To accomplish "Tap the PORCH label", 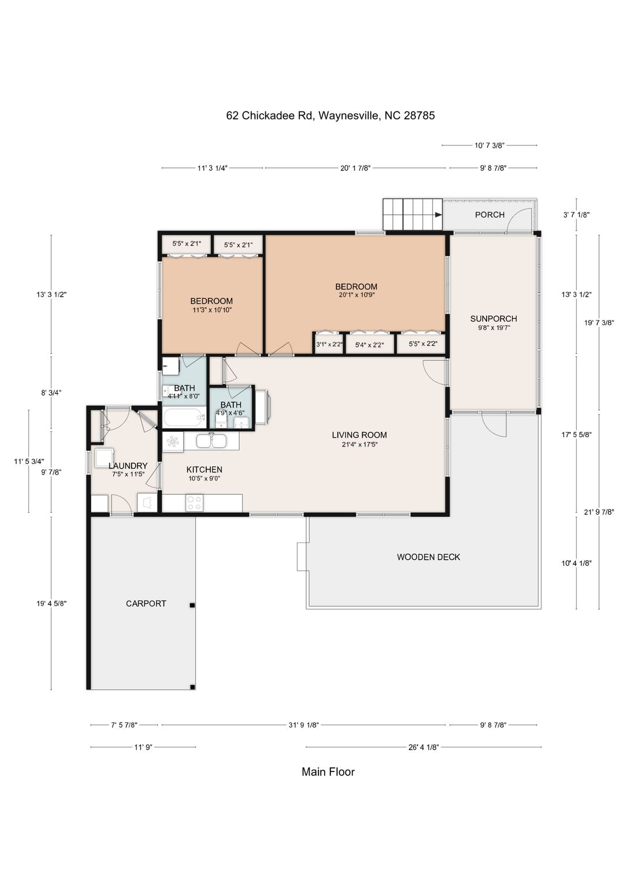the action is pos(490,215).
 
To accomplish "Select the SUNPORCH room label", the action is pos(494,318).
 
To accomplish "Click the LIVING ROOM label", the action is pos(359,435).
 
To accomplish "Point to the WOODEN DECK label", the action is pos(428,557).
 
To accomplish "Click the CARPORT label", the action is pos(146,603).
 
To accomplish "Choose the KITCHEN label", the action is pos(204,469).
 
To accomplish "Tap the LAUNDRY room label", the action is pos(128,465).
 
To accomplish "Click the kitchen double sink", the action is pos(212,441).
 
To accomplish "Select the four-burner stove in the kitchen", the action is pos(194,503).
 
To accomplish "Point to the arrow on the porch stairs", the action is pos(438,215).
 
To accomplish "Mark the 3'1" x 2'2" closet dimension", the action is pos(329,345).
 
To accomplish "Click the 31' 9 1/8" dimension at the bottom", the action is pos(303,725).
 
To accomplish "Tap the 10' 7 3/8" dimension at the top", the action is pos(489,146).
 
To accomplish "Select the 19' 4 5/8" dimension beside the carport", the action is pos(51,603).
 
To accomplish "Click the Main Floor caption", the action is pos(328,772).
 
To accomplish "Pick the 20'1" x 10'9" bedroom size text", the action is pos(356,295).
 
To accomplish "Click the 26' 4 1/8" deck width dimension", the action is pos(423,747).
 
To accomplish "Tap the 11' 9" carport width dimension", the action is pos(143,747).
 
